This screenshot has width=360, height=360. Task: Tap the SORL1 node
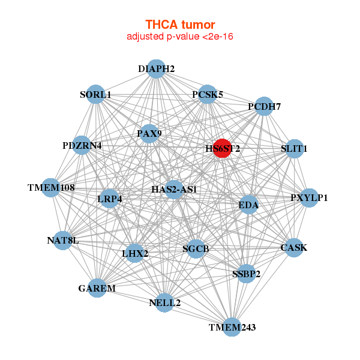[x=96, y=95]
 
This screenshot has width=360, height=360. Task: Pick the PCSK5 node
[x=207, y=95]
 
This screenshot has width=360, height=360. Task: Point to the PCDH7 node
[x=264, y=107]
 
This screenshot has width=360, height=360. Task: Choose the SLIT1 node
[x=293, y=149]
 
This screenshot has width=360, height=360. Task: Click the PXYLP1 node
[x=308, y=198]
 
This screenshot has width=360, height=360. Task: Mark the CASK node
[x=293, y=247]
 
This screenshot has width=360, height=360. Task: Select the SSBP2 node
[x=246, y=274]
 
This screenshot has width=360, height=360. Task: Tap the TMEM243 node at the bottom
[x=232, y=327]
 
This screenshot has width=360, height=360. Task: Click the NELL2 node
[x=164, y=302]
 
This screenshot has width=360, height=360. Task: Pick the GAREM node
[x=97, y=289]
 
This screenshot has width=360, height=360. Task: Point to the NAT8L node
[x=63, y=241]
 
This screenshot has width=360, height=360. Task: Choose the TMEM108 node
[x=51, y=188]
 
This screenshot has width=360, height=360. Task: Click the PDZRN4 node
[x=82, y=146]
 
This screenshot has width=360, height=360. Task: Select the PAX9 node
[x=149, y=133]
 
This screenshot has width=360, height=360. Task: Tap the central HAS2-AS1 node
[x=174, y=190]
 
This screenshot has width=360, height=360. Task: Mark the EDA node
[x=248, y=206]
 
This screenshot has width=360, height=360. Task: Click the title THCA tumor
[x=180, y=25]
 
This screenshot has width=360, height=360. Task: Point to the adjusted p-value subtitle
[x=180, y=37]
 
